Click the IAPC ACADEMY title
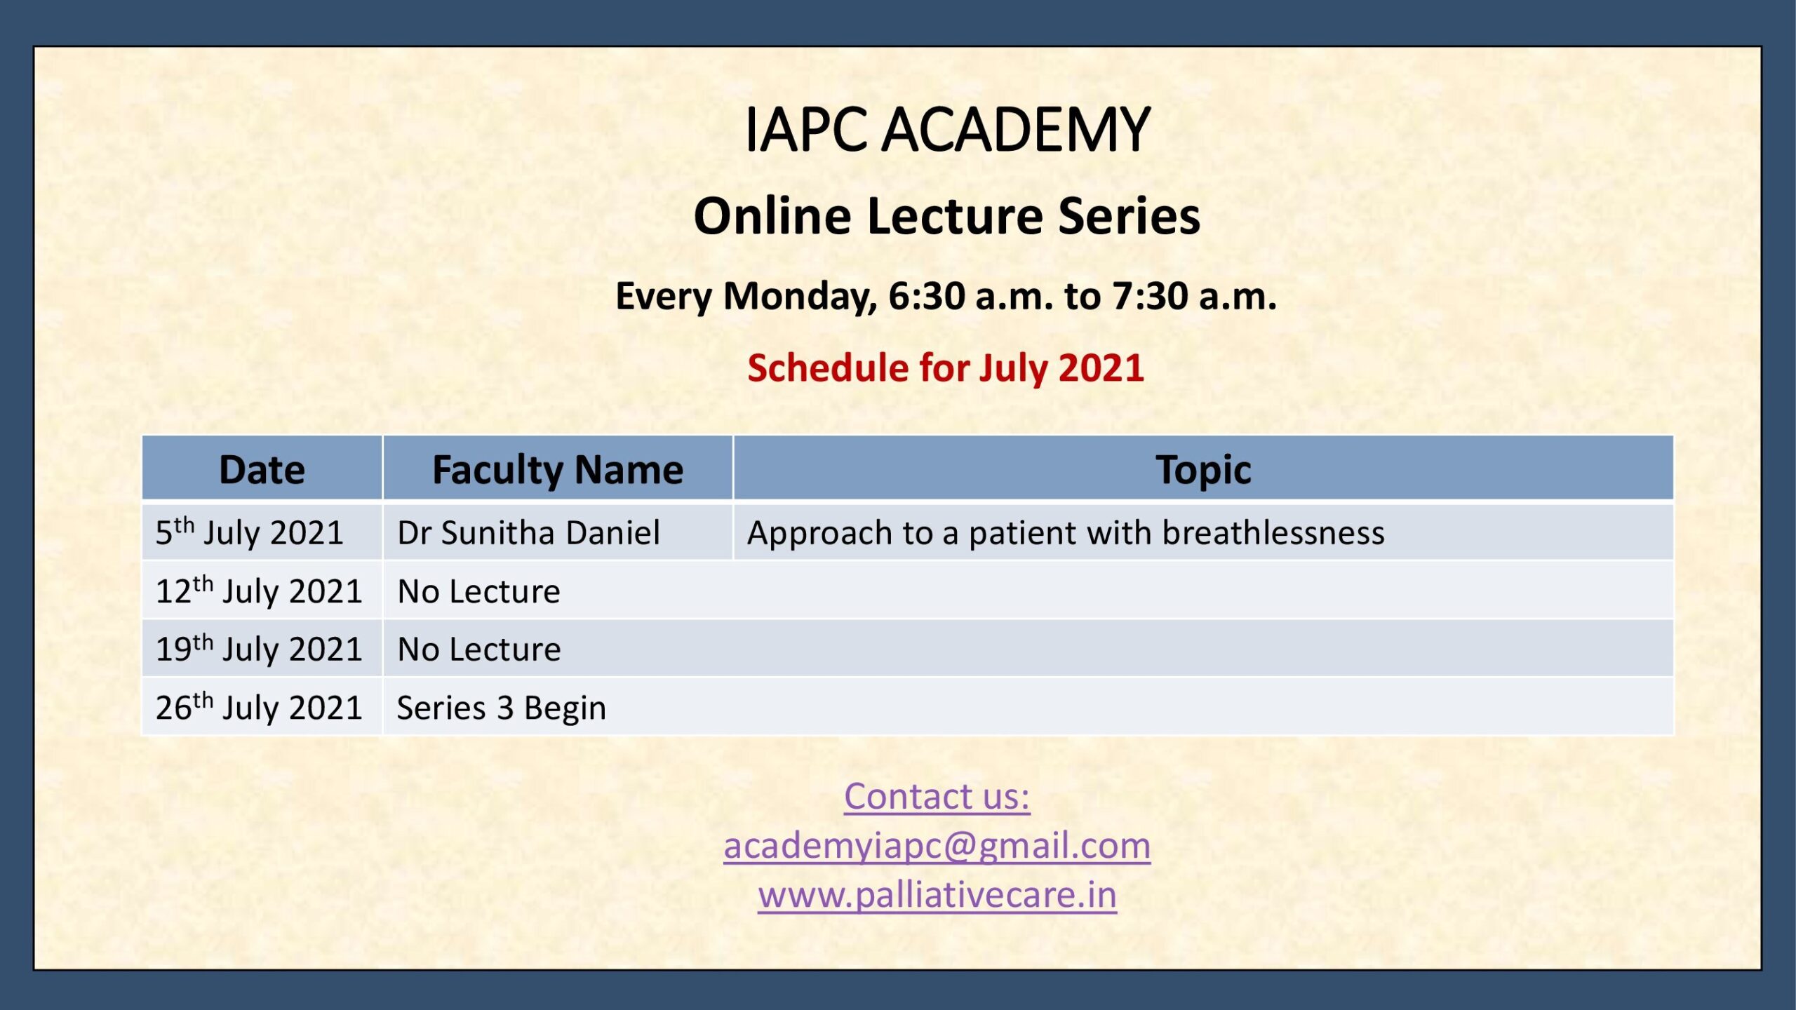tap(947, 130)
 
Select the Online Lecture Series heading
tap(947, 215)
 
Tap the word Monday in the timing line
tap(800, 297)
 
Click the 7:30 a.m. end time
tap(1195, 295)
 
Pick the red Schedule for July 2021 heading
tap(946, 368)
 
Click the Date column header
tap(262, 469)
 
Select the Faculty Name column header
tap(558, 470)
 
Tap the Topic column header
tap(1203, 470)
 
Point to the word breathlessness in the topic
tap(1273, 532)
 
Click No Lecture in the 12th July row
tap(479, 591)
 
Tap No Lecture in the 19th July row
tap(479, 649)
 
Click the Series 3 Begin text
tap(502, 708)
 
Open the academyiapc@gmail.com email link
tap(937, 846)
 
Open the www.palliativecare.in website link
tap(937, 895)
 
